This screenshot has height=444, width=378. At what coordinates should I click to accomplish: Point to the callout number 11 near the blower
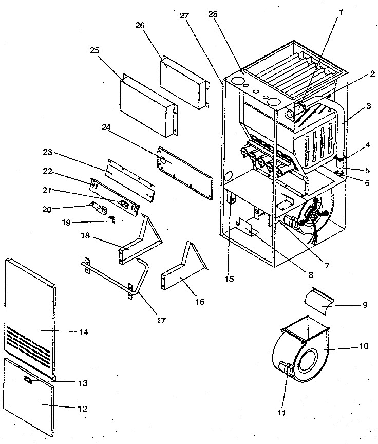280,412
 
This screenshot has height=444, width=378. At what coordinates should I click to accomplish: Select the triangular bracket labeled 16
183,272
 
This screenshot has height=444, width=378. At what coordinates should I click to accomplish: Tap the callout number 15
229,279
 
